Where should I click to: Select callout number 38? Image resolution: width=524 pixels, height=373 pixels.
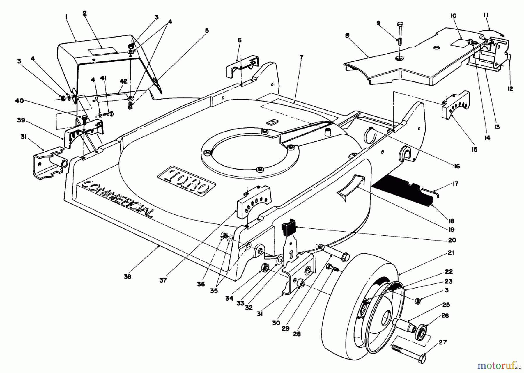tap(127, 276)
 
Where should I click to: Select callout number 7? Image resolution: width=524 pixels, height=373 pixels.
tap(301, 57)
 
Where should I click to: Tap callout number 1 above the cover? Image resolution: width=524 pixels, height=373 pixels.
tap(66, 17)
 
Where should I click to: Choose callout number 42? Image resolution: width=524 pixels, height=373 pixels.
tap(124, 82)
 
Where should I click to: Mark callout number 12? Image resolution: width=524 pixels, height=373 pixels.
tap(510, 89)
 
